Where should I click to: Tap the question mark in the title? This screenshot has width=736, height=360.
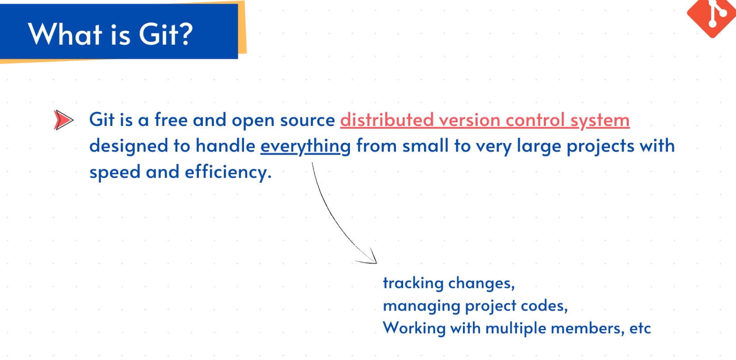185,34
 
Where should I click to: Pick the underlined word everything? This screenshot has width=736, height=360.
306,146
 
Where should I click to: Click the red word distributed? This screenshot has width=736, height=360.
387,119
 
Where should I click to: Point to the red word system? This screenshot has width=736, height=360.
600,121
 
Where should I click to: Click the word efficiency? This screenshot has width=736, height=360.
228,172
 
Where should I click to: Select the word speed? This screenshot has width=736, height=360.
115,172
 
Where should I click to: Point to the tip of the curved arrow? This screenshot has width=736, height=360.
377,263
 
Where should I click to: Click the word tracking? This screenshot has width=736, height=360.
413,283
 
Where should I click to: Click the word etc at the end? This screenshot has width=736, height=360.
640,328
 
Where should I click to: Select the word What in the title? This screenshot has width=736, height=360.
65,34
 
